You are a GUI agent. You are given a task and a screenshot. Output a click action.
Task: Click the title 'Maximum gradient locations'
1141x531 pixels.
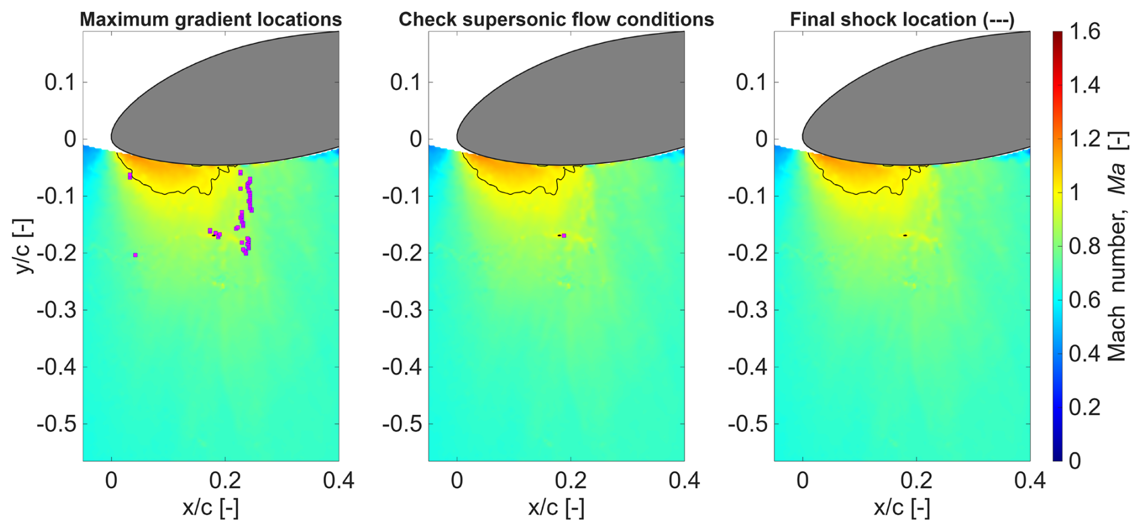(x=210, y=19)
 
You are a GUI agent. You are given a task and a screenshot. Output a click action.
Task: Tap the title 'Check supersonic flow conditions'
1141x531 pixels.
(x=556, y=19)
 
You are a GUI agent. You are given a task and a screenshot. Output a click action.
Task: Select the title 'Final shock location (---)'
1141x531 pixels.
(x=902, y=19)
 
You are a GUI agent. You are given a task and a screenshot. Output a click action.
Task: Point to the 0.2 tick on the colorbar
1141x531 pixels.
(x=1084, y=407)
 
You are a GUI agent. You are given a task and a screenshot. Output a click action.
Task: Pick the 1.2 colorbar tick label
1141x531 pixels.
(x=1084, y=139)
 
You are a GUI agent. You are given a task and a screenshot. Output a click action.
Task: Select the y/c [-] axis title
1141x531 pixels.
(x=24, y=246)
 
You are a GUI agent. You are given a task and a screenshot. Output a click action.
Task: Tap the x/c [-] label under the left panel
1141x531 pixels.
(x=210, y=508)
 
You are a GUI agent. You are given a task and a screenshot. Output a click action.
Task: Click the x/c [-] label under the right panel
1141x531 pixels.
(x=902, y=508)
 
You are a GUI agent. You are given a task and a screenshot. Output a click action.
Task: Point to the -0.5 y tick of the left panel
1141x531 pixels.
(x=57, y=424)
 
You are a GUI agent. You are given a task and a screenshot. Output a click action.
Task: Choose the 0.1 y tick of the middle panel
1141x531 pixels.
(x=405, y=82)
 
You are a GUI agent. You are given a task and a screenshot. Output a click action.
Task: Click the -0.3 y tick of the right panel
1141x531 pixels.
(x=748, y=310)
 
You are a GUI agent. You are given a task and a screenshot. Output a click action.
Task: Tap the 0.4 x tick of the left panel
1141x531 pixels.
(x=338, y=481)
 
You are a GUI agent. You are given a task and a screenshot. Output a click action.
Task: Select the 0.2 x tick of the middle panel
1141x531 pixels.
(x=570, y=481)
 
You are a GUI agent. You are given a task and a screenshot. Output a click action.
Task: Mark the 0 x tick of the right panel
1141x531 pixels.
(x=803, y=481)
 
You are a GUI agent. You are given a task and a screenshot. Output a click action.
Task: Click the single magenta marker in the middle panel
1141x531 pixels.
(x=564, y=235)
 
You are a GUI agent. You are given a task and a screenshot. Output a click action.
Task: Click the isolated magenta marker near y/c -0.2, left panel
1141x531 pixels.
(x=135, y=255)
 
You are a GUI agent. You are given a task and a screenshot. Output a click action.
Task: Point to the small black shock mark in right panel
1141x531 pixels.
(x=905, y=235)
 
